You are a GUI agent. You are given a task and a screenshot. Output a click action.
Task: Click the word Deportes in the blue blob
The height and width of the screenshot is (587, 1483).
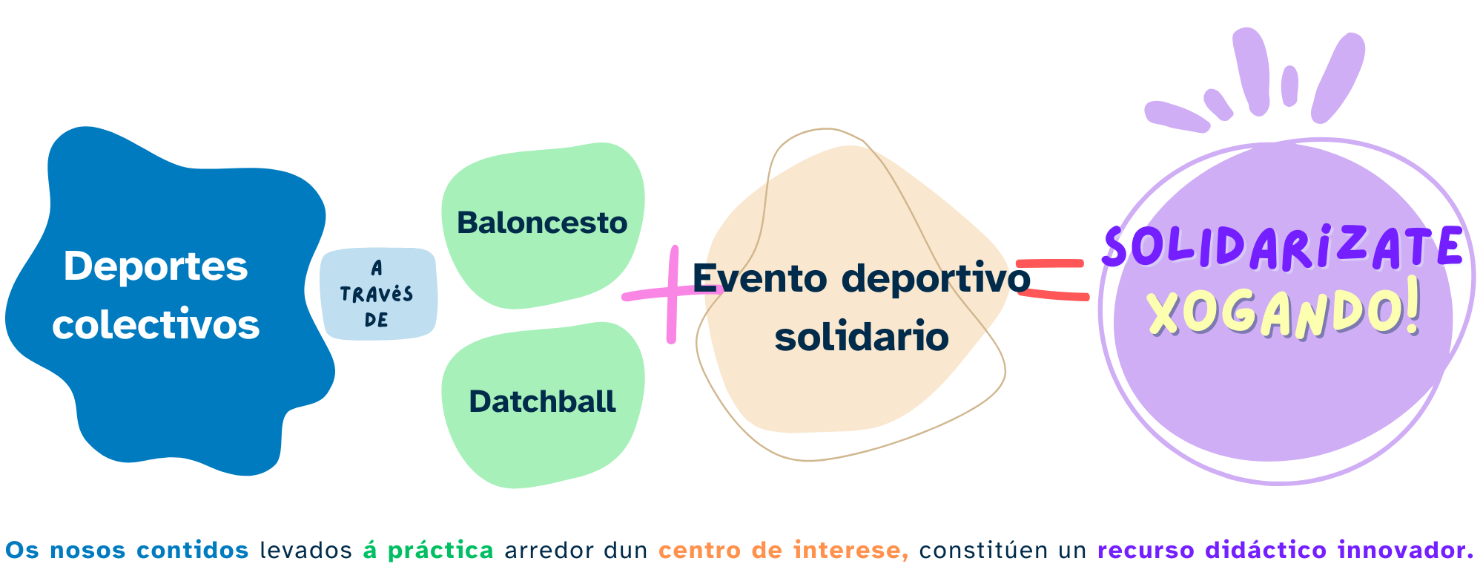tap(156, 266)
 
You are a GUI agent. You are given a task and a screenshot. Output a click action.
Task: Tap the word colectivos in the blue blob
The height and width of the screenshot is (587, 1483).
tap(156, 325)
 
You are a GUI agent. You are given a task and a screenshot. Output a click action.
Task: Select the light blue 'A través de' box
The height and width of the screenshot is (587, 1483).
tap(377, 294)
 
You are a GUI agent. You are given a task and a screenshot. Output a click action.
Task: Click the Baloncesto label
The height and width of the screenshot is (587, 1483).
tap(542, 223)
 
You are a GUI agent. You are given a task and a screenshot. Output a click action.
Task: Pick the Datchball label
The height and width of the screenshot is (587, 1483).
tap(542, 401)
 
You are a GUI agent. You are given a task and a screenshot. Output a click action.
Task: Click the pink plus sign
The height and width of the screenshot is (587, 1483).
tap(671, 295)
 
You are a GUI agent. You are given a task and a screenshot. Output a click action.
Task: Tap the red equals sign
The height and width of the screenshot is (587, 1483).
tap(1051, 280)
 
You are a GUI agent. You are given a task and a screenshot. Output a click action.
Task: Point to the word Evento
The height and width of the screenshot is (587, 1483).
tap(759, 278)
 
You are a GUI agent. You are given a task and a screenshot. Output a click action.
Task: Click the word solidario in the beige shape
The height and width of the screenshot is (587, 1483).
tap(862, 337)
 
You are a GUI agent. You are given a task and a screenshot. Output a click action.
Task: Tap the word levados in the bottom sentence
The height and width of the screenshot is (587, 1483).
tap(305, 551)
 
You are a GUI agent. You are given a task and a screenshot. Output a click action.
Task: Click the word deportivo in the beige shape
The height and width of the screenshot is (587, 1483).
tap(936, 278)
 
